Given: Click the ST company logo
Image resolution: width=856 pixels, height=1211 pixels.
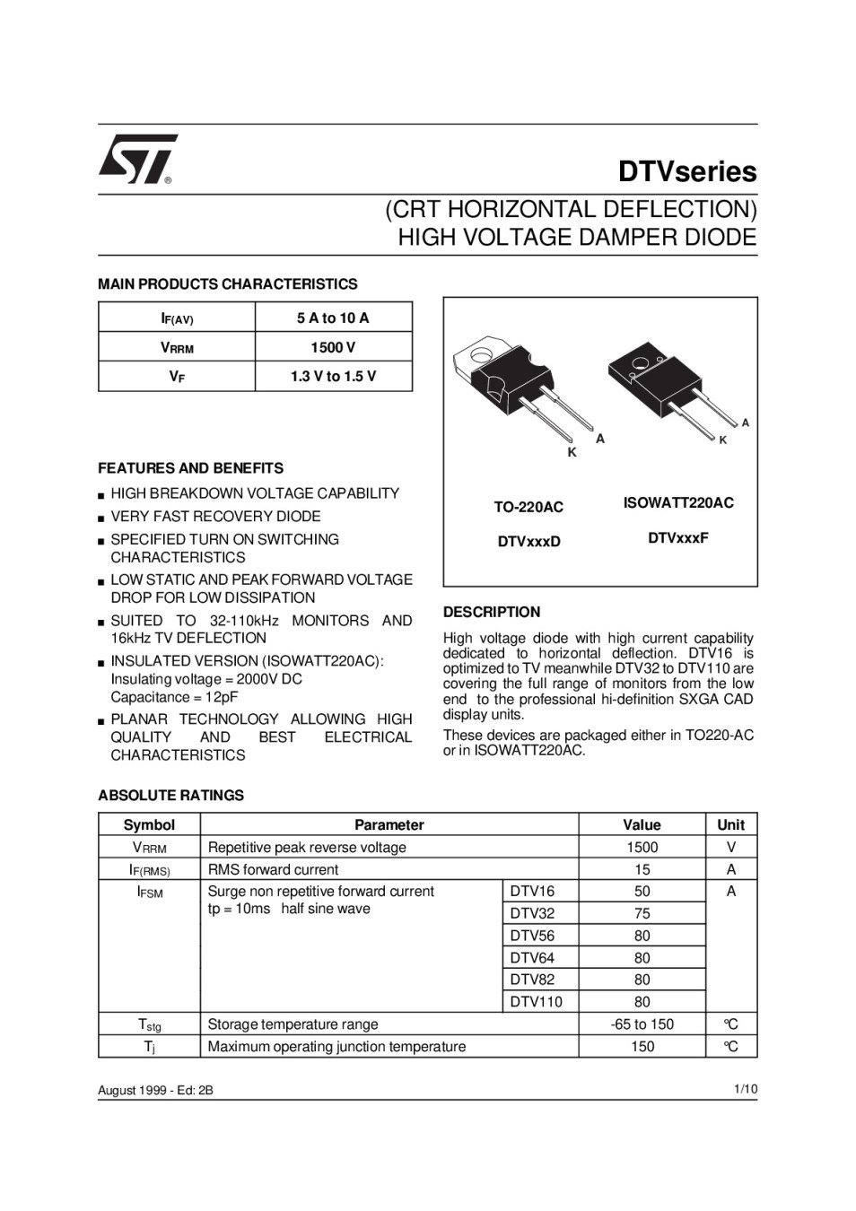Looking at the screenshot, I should pos(137,160).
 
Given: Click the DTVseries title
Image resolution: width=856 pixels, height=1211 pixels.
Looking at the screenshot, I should pos(686,171).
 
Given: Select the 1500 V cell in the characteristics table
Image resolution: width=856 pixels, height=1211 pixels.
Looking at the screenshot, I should pos(333,347).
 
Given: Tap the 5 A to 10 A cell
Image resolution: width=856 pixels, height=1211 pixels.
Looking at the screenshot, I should pos(333,318).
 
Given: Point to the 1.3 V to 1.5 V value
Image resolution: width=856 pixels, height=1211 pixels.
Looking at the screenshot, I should pos(333,377).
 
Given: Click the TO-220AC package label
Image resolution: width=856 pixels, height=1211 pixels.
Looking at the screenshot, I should pos(528,508).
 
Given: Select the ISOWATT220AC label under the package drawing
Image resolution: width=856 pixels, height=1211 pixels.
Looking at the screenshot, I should pos(678,503).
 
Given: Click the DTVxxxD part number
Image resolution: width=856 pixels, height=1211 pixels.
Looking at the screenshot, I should pos(528,542).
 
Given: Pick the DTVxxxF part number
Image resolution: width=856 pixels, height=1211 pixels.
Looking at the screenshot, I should pos(678,538).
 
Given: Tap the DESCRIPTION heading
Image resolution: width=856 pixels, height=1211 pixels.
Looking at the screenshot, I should pos(492,613).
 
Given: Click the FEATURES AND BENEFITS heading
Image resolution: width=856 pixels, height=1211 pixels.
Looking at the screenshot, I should pos(190,468).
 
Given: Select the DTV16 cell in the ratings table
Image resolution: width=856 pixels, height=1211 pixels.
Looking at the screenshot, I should pos(532,892).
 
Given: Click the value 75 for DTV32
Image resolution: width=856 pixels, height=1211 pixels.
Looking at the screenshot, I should pos(642,914).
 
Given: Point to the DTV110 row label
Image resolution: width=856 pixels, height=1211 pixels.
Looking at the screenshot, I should pos(536,1002).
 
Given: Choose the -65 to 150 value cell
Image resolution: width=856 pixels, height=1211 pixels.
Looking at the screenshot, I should pos(642,1024).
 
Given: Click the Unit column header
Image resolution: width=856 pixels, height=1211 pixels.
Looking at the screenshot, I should pos(731,825).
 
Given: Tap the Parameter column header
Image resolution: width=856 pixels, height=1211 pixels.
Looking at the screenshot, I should pos(389,825).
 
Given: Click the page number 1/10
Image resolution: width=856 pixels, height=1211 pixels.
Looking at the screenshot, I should pos(745,1089).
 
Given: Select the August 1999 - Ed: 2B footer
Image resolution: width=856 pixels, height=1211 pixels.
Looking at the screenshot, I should pos(155,1091).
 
